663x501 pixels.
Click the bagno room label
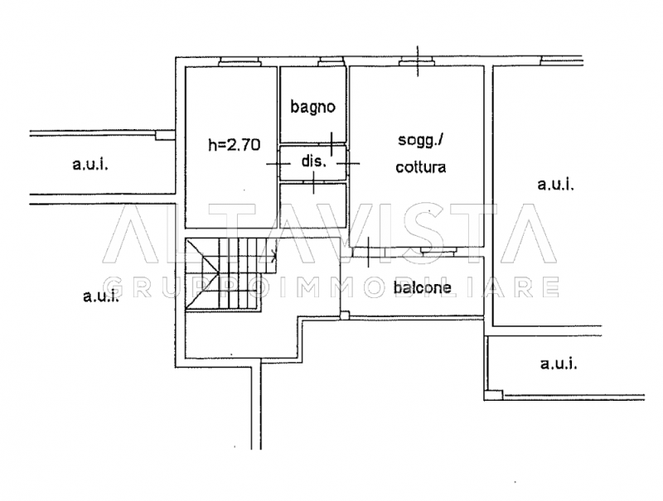click(313, 107)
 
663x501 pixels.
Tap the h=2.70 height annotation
click(234, 145)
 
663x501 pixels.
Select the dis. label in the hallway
click(314, 161)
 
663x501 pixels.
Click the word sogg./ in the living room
click(420, 141)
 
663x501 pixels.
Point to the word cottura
click(421, 167)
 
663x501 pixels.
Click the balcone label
click(423, 287)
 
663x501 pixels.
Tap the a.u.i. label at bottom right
click(558, 363)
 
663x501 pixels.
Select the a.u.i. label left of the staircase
click(100, 296)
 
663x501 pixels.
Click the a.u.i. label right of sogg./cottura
click(555, 184)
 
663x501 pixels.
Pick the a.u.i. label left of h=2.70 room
click(90, 164)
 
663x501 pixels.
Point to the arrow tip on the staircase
click(276, 255)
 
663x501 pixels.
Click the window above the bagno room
click(331, 62)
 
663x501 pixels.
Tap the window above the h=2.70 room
click(240, 62)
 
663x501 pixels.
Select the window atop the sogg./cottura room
click(417, 62)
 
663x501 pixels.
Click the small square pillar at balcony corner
click(345, 316)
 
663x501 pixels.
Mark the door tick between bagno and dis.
click(331, 144)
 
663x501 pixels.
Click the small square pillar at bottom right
click(493, 395)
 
